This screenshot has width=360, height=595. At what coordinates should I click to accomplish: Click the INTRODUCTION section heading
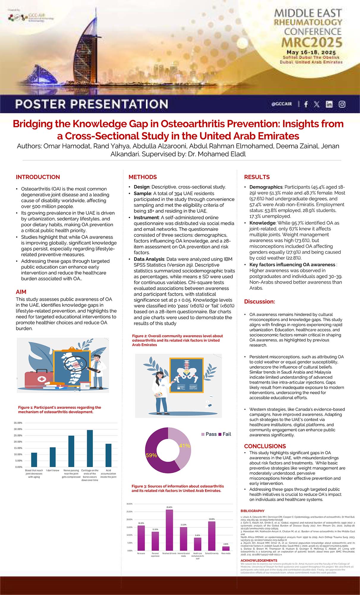pyautogui.click(x=38, y=177)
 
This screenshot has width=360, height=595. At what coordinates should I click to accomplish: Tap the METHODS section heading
pyautogui.click(x=142, y=177)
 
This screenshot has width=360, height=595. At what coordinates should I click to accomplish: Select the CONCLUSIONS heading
pyautogui.click(x=265, y=446)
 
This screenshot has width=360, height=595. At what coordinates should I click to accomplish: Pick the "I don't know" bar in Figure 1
pyautogui.click(x=53, y=457)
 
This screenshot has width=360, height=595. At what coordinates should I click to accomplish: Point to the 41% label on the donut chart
pyautogui.click(x=184, y=446)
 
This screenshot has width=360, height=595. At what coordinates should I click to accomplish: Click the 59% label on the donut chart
pyautogui.click(x=151, y=455)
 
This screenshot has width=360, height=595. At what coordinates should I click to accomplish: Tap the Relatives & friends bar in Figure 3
pyautogui.click(x=169, y=530)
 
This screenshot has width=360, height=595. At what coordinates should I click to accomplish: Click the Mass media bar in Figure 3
pyautogui.click(x=226, y=548)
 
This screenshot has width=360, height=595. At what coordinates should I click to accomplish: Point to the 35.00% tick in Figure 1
pyautogui.click(x=18, y=423)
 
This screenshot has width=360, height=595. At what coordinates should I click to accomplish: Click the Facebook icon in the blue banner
pyautogui.click(x=306, y=104)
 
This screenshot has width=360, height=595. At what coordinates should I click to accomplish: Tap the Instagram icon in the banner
pyautogui.click(x=342, y=104)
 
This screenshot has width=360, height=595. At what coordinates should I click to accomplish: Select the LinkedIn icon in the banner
pyautogui.click(x=329, y=104)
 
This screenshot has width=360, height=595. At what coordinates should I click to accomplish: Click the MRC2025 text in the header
pyautogui.click(x=312, y=42)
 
